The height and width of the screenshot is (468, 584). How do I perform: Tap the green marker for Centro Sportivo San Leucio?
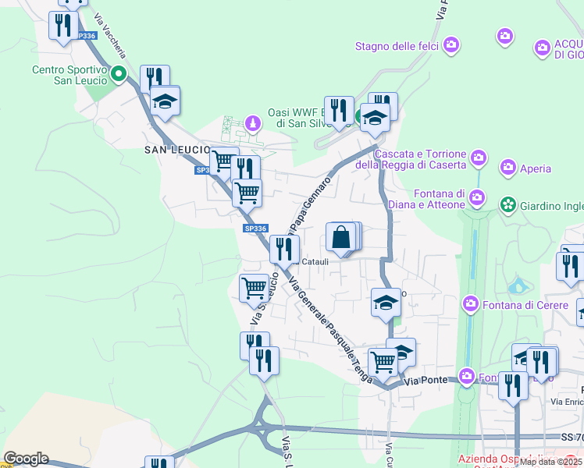[119, 75]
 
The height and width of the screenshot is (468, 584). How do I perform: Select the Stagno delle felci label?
[397, 46]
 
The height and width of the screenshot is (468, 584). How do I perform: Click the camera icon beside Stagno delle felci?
[450, 45]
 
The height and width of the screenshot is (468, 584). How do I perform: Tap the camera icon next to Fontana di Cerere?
[470, 303]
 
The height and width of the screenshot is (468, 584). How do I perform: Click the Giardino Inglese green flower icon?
[508, 204]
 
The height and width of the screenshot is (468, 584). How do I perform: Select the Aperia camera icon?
[509, 168]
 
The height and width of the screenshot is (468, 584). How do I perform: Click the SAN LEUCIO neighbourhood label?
[176, 149]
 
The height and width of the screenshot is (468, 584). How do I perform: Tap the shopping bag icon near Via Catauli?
[341, 237]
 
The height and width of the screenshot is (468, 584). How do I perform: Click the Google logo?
[26, 459]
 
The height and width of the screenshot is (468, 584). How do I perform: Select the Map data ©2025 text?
[550, 461]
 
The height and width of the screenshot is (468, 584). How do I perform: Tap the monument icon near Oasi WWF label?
[252, 123]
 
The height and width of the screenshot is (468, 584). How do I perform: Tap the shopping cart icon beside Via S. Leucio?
[254, 288]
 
